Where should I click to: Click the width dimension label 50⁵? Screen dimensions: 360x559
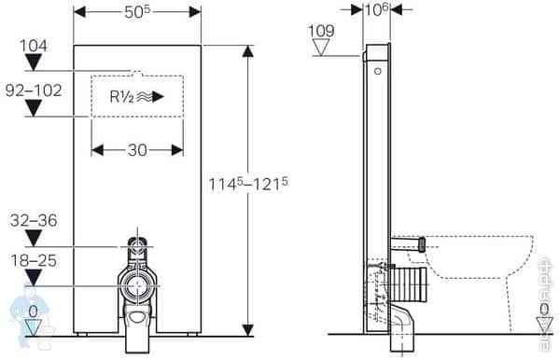[137, 12]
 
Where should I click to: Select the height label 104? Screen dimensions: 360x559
[33, 45]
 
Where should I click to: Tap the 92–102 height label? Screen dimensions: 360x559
[34, 91]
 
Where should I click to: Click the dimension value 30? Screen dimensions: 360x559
[137, 150]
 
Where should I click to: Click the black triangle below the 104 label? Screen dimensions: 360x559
[33, 62]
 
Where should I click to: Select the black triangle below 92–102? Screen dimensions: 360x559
[33, 108]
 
